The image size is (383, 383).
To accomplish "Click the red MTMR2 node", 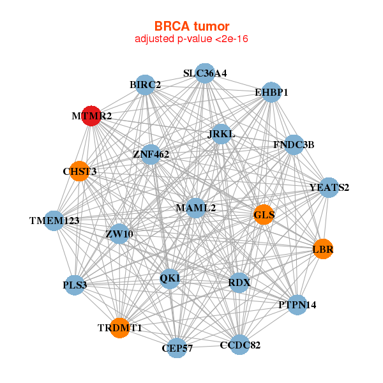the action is click(91, 116).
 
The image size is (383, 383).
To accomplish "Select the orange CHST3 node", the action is click(79, 171).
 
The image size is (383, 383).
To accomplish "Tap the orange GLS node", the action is click(264, 214).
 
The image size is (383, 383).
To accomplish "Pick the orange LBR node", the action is click(322, 249).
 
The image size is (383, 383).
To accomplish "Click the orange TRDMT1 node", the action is click(119, 327).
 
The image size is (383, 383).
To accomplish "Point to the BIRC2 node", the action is click(145, 85).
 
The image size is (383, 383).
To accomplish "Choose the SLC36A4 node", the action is click(204, 73).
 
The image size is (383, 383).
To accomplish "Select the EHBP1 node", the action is click(271, 92).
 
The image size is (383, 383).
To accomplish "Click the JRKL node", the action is click(221, 134).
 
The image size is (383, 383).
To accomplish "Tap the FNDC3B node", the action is click(294, 145).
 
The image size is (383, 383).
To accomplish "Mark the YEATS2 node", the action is click(328, 187).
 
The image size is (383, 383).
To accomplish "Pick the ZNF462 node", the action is click(150, 154).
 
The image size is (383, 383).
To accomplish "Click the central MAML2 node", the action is click(196, 208).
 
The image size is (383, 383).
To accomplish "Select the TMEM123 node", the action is click(54, 221).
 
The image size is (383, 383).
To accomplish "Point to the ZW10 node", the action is click(119, 234).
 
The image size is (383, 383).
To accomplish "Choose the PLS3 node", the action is click(75, 285).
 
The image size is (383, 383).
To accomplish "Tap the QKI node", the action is click(170, 278).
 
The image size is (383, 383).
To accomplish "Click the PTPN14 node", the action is click(297, 304).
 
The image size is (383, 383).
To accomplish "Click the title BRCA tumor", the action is click(191, 26).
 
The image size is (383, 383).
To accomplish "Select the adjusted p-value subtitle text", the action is click(191, 39).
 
